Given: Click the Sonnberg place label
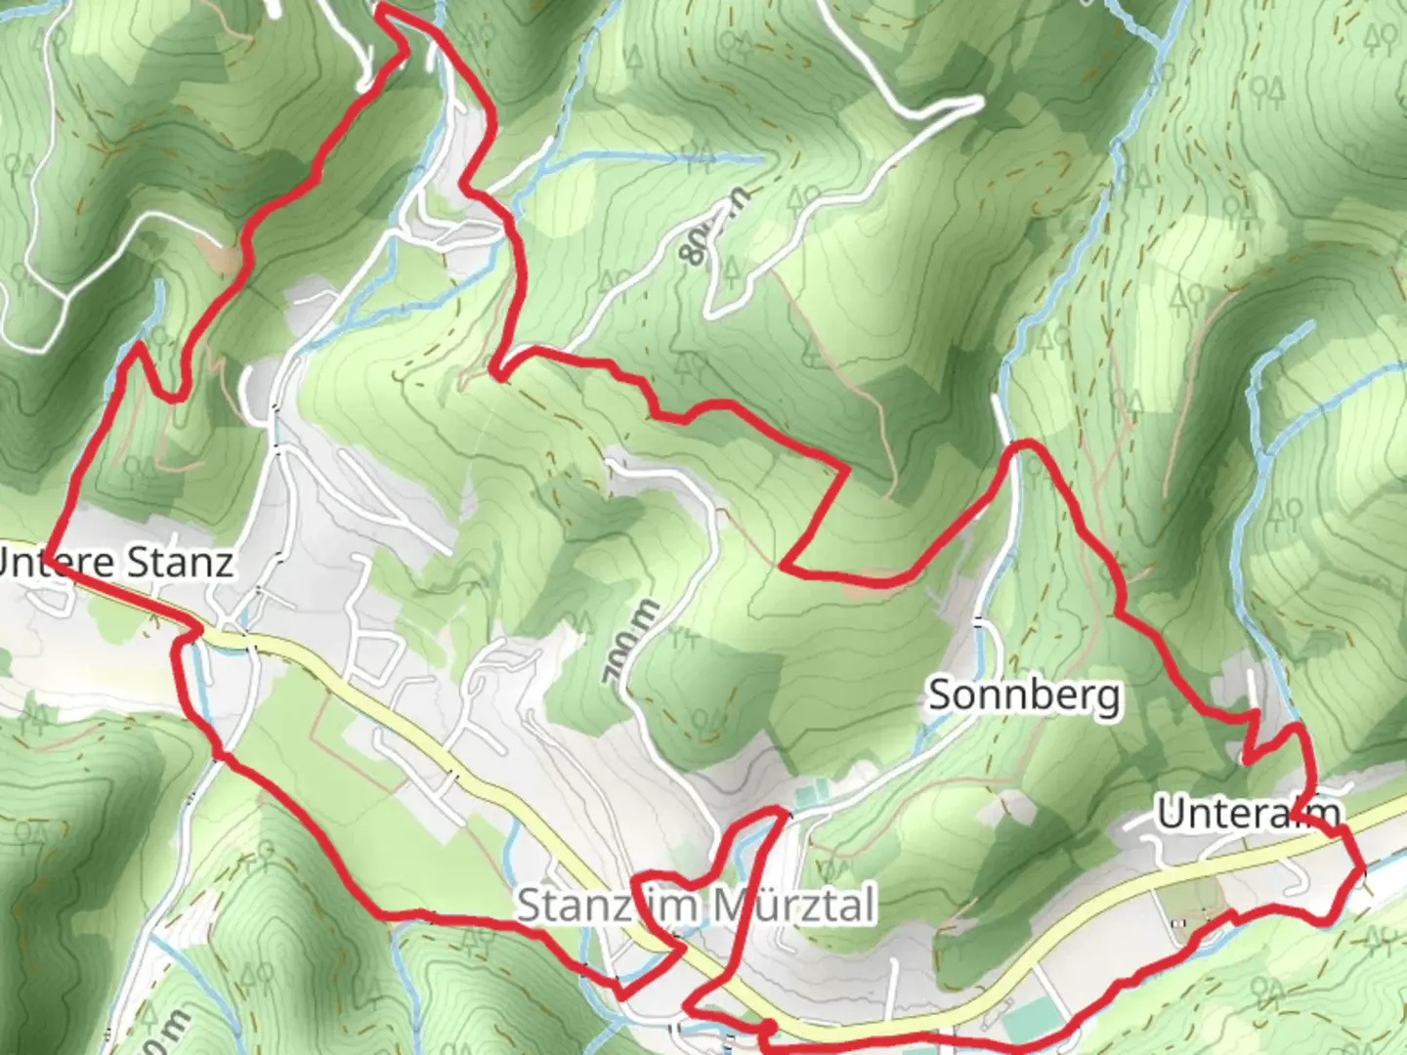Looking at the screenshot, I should click(x=1024, y=696).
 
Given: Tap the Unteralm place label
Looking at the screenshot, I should click(x=1248, y=813).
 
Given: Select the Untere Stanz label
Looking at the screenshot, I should click(x=115, y=563).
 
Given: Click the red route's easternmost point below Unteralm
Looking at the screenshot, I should click(x=1359, y=869).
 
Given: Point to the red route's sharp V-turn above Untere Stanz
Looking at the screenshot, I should click(x=140, y=346).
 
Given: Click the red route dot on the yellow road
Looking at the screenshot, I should click(x=768, y=1027).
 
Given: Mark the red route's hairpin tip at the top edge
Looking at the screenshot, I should click(x=381, y=8).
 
